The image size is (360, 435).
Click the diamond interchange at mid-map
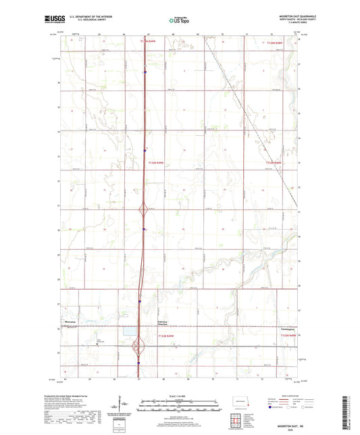tap(143, 210)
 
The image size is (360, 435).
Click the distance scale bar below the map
tap(179, 407)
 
